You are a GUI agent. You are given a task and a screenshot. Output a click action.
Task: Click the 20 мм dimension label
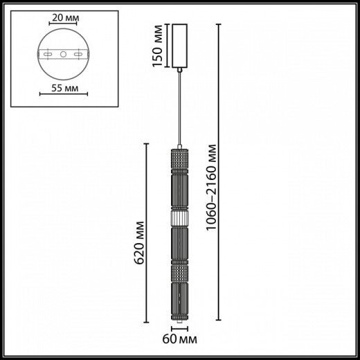click(62, 17)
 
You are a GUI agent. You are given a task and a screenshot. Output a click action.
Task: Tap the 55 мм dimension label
click(62, 89)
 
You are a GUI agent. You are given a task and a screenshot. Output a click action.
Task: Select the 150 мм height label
click(159, 47)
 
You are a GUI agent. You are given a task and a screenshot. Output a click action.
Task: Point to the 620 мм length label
click(139, 244)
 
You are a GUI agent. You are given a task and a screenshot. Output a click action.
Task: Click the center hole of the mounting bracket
click(62, 54)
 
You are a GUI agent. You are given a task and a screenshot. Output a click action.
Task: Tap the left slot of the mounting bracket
click(49, 54)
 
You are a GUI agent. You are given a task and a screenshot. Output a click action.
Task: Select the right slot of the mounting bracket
click(75, 54)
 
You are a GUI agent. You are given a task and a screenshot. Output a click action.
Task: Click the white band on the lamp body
click(179, 217)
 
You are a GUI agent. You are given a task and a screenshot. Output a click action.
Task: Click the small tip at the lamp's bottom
click(179, 322)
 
